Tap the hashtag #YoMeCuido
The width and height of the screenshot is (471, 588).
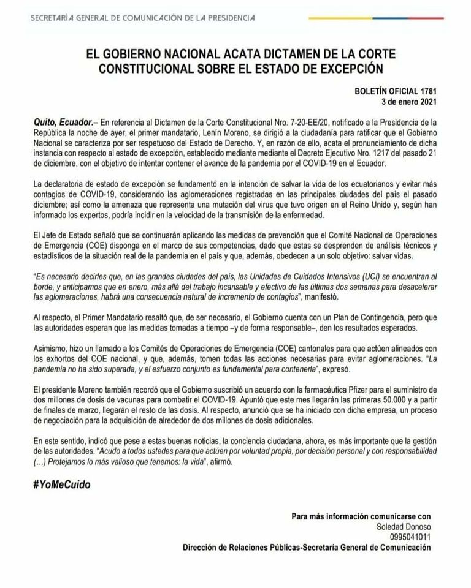click(62, 484)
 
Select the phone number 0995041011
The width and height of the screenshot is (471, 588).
click(410, 537)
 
